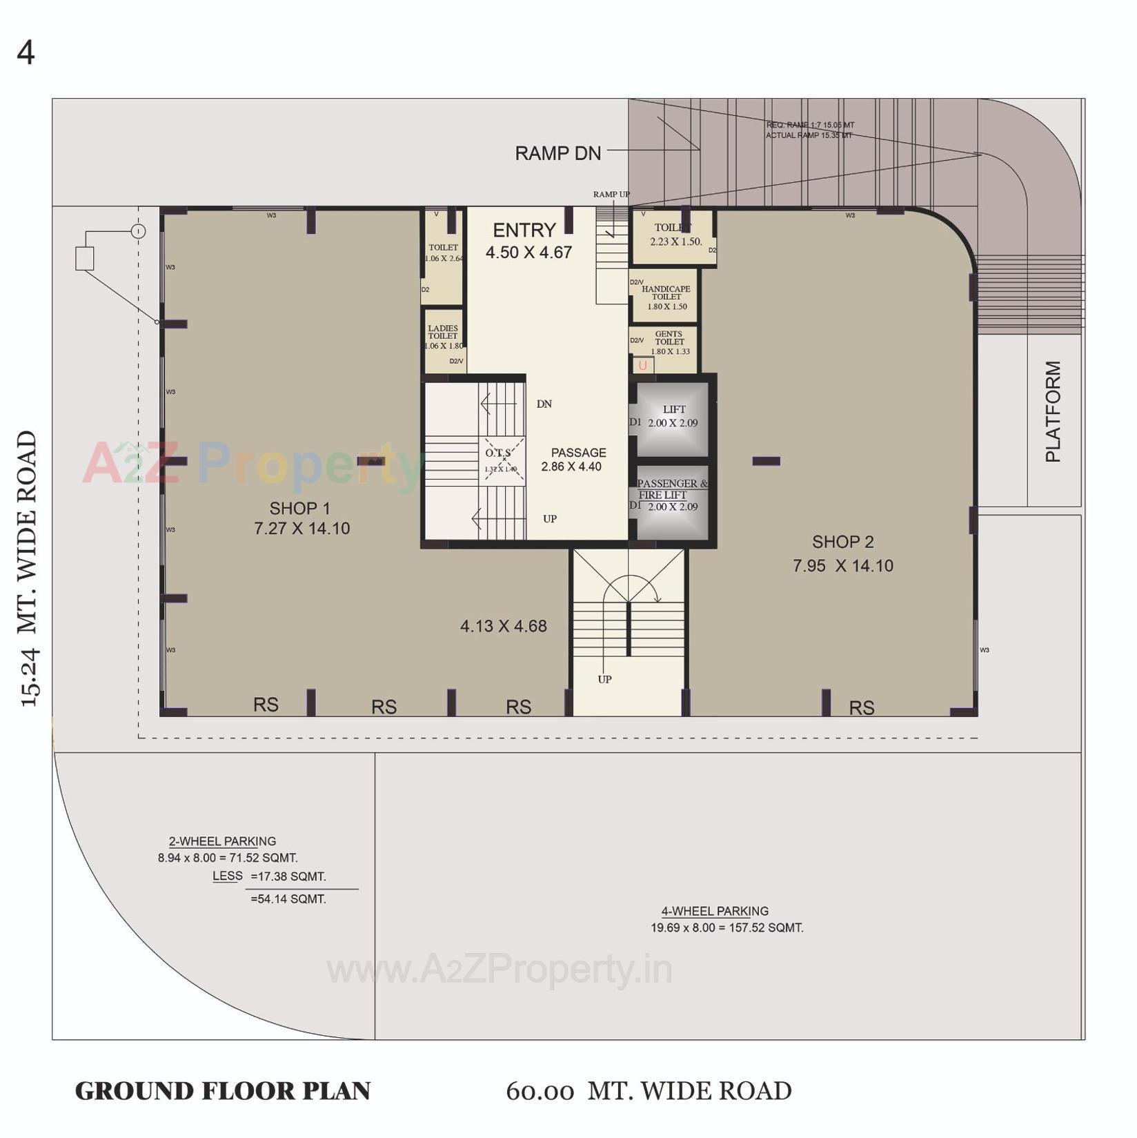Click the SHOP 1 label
[x=299, y=509]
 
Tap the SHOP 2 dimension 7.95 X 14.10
[x=842, y=566]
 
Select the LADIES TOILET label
[x=443, y=333]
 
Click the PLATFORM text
[x=1052, y=411]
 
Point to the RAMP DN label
[x=557, y=153]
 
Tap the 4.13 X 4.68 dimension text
[x=503, y=627]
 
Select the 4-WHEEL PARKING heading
[x=715, y=911]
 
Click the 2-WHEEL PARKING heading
[x=222, y=841]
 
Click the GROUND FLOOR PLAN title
[x=222, y=1092]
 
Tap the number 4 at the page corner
[x=26, y=53]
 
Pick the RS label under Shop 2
[x=861, y=708]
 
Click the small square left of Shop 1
[x=84, y=259]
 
